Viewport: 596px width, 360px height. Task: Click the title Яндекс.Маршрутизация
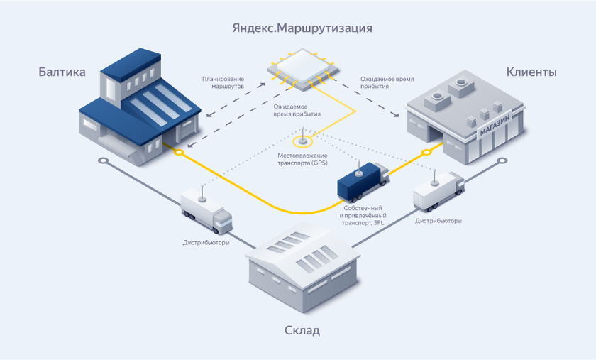[302, 28]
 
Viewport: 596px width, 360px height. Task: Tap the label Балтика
[62, 72]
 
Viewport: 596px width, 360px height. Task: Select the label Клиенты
[531, 72]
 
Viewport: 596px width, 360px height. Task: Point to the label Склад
[302, 330]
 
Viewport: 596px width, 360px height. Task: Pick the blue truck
[363, 182]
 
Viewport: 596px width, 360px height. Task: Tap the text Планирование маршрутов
[223, 82]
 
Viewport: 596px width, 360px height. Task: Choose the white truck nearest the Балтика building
[206, 209]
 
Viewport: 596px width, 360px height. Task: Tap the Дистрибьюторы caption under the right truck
[438, 221]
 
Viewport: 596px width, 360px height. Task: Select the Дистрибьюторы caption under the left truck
[206, 242]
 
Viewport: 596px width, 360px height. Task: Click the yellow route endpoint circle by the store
[426, 151]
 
